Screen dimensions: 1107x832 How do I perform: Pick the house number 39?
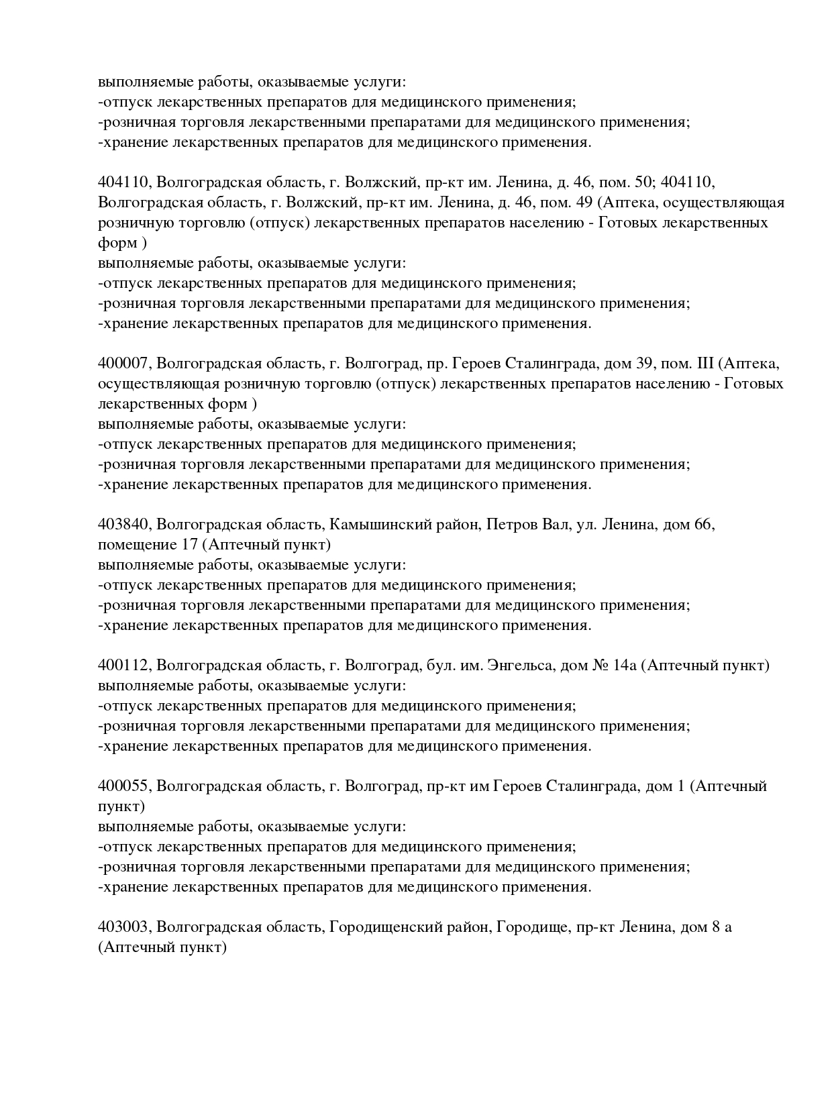tap(643, 364)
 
